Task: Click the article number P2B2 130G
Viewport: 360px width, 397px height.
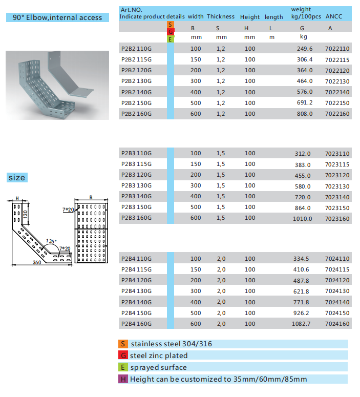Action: pos(136,81)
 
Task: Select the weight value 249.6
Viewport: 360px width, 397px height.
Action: pos(304,49)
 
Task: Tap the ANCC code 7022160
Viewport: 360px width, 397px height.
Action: pos(337,113)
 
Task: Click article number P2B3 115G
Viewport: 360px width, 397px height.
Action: pos(136,164)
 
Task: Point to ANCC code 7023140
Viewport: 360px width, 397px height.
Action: pos(337,197)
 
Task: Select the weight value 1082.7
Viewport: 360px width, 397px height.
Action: pos(302,324)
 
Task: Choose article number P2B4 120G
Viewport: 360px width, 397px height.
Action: pos(136,280)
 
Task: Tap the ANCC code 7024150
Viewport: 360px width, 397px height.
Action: pos(337,312)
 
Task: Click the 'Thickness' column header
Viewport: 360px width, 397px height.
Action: pos(221,17)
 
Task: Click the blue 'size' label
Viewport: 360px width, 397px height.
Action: pos(16,178)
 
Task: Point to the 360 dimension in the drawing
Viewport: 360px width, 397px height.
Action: pos(37,262)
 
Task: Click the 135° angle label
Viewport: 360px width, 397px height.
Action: pos(51,241)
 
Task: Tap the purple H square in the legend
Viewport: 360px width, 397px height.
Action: pos(123,379)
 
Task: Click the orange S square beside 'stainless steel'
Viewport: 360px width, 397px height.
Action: pos(123,344)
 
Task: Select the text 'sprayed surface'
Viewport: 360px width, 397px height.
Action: pos(158,367)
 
